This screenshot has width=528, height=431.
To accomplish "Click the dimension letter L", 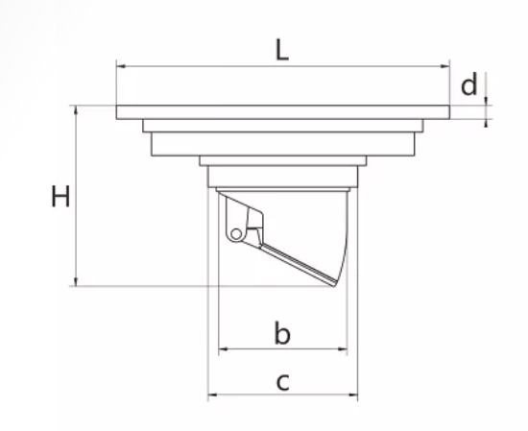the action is (x=282, y=50).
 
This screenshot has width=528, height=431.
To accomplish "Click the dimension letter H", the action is (x=60, y=196).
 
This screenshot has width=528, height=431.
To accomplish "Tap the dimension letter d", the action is (x=469, y=84).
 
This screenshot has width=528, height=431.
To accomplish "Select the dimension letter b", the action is (x=282, y=333).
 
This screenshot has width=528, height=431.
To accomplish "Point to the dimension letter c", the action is (x=283, y=382).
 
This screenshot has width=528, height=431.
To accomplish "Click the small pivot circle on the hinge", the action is (x=236, y=234).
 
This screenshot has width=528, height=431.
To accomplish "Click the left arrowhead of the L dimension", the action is (x=121, y=66).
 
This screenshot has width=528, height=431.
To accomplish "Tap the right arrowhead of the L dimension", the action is (x=444, y=66).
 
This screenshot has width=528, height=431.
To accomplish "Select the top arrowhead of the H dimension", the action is (x=76, y=110).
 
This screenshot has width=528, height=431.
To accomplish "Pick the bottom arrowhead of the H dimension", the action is (x=76, y=281).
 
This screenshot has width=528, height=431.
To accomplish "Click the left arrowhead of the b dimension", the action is (x=224, y=349).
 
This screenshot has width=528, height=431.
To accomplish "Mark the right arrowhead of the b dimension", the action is (x=342, y=349).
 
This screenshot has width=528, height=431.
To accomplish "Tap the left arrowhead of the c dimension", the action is (x=213, y=395).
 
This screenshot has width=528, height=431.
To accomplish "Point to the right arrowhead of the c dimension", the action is (x=353, y=395).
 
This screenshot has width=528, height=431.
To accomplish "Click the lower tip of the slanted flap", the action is (x=334, y=285).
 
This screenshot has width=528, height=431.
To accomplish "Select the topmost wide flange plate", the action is (x=283, y=112).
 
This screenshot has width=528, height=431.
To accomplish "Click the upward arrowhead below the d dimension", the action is (x=486, y=123).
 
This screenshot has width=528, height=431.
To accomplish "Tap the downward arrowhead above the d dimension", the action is (x=486, y=101).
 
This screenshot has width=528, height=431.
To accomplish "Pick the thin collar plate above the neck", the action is (x=283, y=160).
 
